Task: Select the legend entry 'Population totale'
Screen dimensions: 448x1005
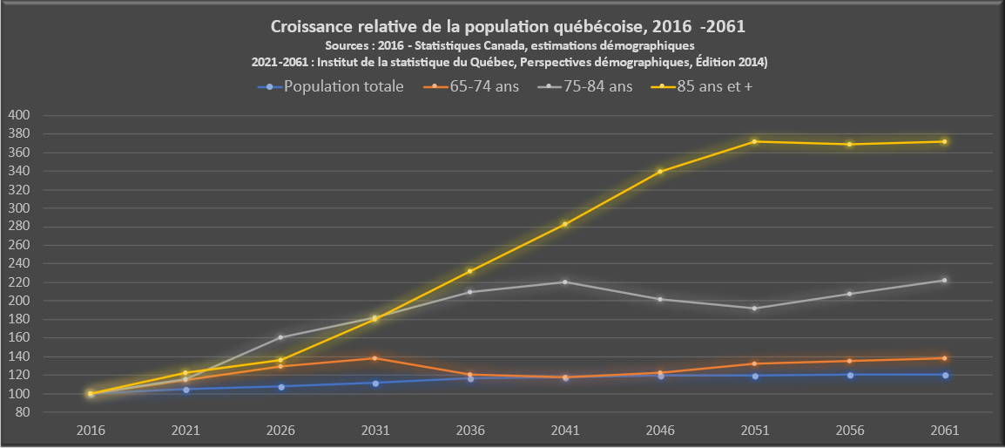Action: (x=343, y=86)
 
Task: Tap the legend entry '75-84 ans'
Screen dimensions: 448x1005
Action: (x=598, y=86)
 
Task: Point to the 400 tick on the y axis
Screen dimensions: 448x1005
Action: (x=19, y=115)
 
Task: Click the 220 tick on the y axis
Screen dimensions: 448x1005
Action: (x=19, y=282)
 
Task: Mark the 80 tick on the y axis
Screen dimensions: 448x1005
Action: (x=23, y=412)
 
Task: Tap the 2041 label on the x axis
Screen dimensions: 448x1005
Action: (x=565, y=430)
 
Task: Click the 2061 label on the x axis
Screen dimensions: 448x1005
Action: (x=945, y=430)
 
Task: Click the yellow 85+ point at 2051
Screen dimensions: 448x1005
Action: (x=755, y=141)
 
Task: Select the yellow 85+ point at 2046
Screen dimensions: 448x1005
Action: (x=660, y=171)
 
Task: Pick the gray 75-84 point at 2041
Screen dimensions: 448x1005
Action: (x=565, y=282)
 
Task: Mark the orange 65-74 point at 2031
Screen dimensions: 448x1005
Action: (x=375, y=358)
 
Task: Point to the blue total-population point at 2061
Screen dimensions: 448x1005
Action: (x=945, y=375)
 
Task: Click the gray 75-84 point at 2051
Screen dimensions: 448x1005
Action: (x=755, y=309)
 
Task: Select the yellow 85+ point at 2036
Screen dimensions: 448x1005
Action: (x=470, y=271)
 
